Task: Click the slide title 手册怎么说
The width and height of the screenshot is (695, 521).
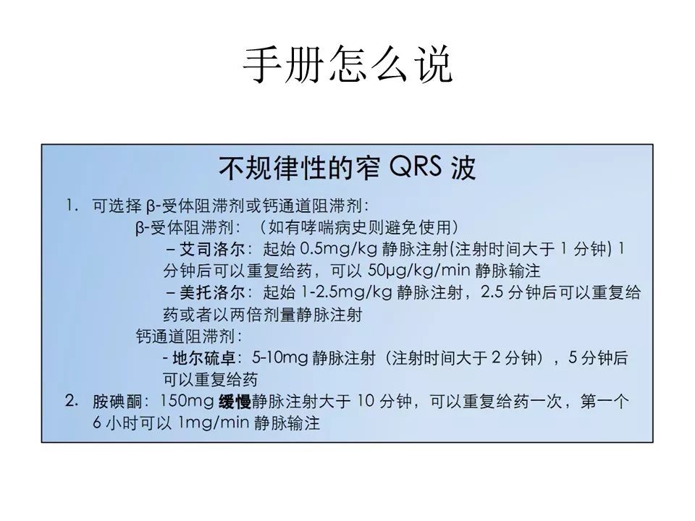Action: [x=347, y=67]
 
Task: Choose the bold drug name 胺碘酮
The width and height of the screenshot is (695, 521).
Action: [x=117, y=401]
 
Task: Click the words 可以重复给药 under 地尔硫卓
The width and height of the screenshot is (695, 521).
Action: [x=210, y=379]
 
